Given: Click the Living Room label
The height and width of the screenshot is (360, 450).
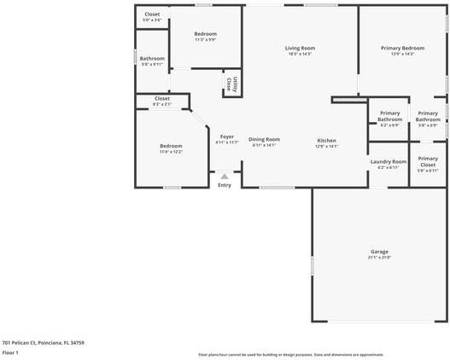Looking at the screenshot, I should tap(300, 48).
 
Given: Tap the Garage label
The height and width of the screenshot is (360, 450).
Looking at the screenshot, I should tap(379, 252).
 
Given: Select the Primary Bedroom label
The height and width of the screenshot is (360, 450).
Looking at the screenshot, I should tap(401, 48).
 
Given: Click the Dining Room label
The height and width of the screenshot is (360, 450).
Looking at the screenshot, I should tap(264, 139).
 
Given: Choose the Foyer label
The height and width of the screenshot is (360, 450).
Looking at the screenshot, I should tap(226, 136).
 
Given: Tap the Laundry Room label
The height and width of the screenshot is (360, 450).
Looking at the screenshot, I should tap(388, 161).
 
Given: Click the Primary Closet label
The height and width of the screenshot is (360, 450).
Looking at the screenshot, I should tap(428, 161).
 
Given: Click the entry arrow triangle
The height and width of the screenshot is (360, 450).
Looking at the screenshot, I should tap(225, 177).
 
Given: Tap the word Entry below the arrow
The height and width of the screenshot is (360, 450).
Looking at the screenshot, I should tap(225, 185).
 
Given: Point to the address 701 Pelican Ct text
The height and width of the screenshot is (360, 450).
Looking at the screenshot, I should tap(43, 342).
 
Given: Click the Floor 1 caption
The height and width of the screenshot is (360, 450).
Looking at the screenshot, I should tap(10, 352).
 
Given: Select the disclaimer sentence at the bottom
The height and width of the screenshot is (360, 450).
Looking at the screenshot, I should tap(291, 354).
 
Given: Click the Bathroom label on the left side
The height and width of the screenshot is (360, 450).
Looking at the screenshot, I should tap(152, 58).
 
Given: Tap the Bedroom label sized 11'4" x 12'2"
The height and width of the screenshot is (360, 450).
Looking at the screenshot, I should tap(171, 146).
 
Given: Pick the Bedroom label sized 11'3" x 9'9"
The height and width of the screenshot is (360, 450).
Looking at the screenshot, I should tap(205, 34).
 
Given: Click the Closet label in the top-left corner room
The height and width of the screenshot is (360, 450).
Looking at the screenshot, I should tap(151, 15).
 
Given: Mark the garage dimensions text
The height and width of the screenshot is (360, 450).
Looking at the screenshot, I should tap(379, 258).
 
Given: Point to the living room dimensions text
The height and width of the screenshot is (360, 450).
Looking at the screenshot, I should tap(300, 55).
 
